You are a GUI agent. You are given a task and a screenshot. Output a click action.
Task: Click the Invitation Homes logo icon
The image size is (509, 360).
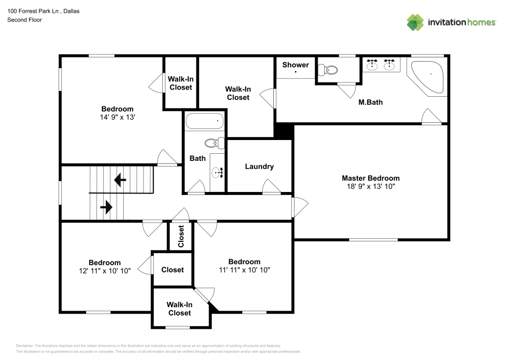(415, 22)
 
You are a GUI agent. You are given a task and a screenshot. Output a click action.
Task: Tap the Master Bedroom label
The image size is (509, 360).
(370, 178)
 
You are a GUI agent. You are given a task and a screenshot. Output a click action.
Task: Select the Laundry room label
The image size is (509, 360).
(259, 167)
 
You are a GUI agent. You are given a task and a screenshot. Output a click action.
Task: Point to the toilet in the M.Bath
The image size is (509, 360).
(328, 70)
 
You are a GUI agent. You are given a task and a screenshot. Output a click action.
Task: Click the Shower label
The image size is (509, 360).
(295, 65)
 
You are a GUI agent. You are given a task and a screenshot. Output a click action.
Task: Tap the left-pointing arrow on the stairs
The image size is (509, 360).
(121, 180)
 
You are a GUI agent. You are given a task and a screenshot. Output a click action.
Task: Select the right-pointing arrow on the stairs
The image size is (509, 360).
(106, 207)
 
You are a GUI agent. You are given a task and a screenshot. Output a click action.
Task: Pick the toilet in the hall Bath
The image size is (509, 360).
(214, 143)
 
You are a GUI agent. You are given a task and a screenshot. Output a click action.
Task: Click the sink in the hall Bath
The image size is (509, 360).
(218, 173)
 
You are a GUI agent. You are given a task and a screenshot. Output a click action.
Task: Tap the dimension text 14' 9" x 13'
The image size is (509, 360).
(117, 117)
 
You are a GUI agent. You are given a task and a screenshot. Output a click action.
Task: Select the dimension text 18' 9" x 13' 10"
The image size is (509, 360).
(370, 187)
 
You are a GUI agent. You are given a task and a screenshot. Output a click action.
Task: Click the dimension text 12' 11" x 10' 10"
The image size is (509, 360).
(104, 271)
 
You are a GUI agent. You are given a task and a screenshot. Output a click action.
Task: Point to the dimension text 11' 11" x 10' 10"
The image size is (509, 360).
(244, 270)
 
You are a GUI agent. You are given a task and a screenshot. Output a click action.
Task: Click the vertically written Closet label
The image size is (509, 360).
(181, 237)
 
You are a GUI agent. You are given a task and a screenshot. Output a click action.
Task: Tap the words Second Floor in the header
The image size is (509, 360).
(24, 20)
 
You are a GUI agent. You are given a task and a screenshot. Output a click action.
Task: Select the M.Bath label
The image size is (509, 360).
(370, 102)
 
